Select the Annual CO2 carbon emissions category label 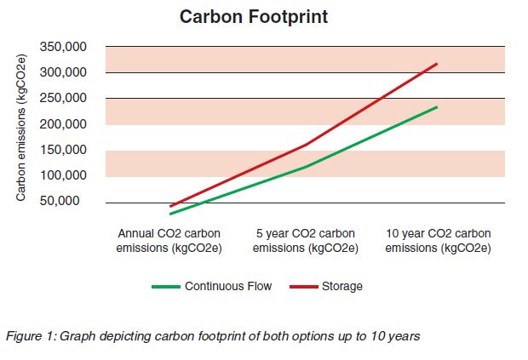[x=170, y=241]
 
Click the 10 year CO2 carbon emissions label [x=438, y=241]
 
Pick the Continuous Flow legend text [x=227, y=287]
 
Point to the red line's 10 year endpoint [x=438, y=64]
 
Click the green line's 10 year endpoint [x=438, y=107]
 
